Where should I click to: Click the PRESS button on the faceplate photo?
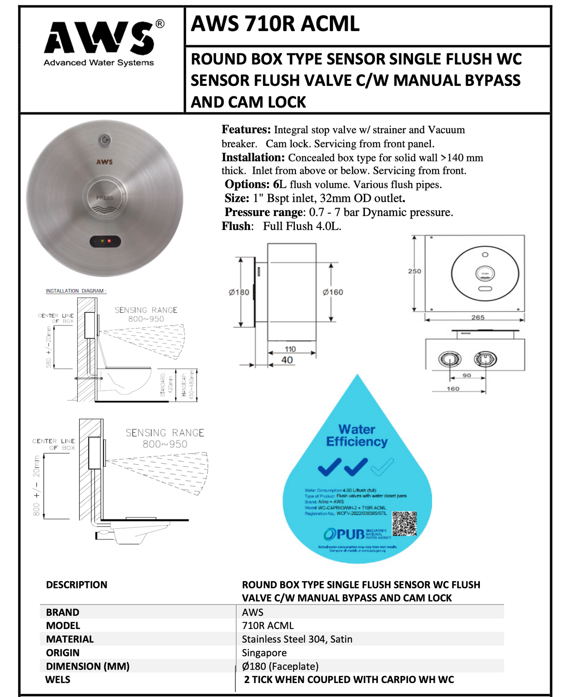point(105,198)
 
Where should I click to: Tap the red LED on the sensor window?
point(109,241)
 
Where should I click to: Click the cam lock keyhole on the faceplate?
point(105,140)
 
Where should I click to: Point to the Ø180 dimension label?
point(239,292)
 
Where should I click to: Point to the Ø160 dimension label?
point(333,292)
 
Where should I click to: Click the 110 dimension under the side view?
point(290,349)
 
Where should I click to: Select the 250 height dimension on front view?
point(414,271)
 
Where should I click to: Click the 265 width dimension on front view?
point(478,317)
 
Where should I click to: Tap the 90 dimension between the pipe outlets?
point(467,375)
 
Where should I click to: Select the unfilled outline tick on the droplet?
point(382,467)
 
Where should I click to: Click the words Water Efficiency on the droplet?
point(357,436)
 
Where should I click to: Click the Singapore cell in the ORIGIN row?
point(264,653)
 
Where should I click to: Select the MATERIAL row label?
point(70,639)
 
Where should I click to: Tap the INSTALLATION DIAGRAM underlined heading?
point(76,291)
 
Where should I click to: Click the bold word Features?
point(246,130)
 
